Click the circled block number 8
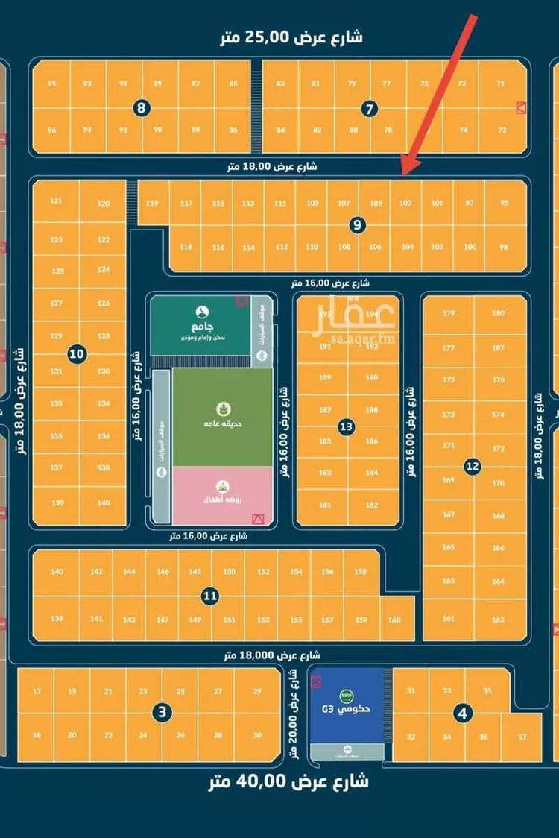pyautogui.click(x=142, y=109)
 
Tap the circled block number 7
pyautogui.click(x=369, y=109)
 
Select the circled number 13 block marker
pyautogui.click(x=346, y=427)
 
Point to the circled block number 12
pyautogui.click(x=472, y=467)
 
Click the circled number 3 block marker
pyautogui.click(x=162, y=713)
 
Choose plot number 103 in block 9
pyautogui.click(x=405, y=203)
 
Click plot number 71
pyautogui.click(x=501, y=84)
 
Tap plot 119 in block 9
pyautogui.click(x=153, y=203)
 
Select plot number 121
pyautogui.click(x=56, y=201)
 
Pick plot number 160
pyautogui.click(x=394, y=620)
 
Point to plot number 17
pyautogui.click(x=37, y=692)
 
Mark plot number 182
pyautogui.click(x=372, y=505)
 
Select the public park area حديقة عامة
pyautogui.click(x=222, y=416)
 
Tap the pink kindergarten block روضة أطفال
pyautogui.click(x=222, y=494)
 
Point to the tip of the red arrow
pyautogui.click(x=403, y=174)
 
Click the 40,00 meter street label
pyautogui.click(x=288, y=781)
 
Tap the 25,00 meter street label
pyautogui.click(x=291, y=37)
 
